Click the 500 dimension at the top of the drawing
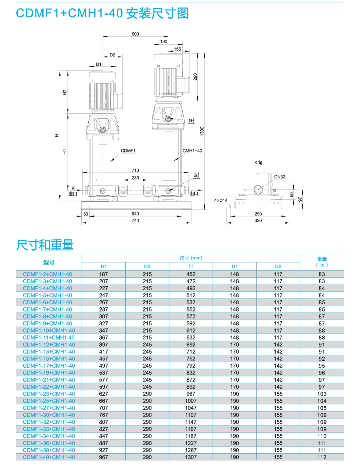click(135, 34)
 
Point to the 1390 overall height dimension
click(202, 131)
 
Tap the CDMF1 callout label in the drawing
click(128, 151)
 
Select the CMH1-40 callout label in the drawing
click(192, 151)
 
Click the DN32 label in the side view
click(280, 177)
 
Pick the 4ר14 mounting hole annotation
click(221, 200)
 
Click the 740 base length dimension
click(135, 220)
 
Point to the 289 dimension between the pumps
click(135, 178)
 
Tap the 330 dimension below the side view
click(258, 220)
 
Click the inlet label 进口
click(73, 194)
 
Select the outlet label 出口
click(194, 193)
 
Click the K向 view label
click(258, 163)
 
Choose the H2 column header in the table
click(147, 266)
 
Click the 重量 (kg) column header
click(322, 262)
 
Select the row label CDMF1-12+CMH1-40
click(49, 345)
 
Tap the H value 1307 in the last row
click(191, 457)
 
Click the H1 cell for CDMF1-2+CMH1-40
click(104, 274)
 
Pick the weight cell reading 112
click(322, 457)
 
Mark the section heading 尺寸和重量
click(45, 245)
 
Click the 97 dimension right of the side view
click(300, 199)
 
